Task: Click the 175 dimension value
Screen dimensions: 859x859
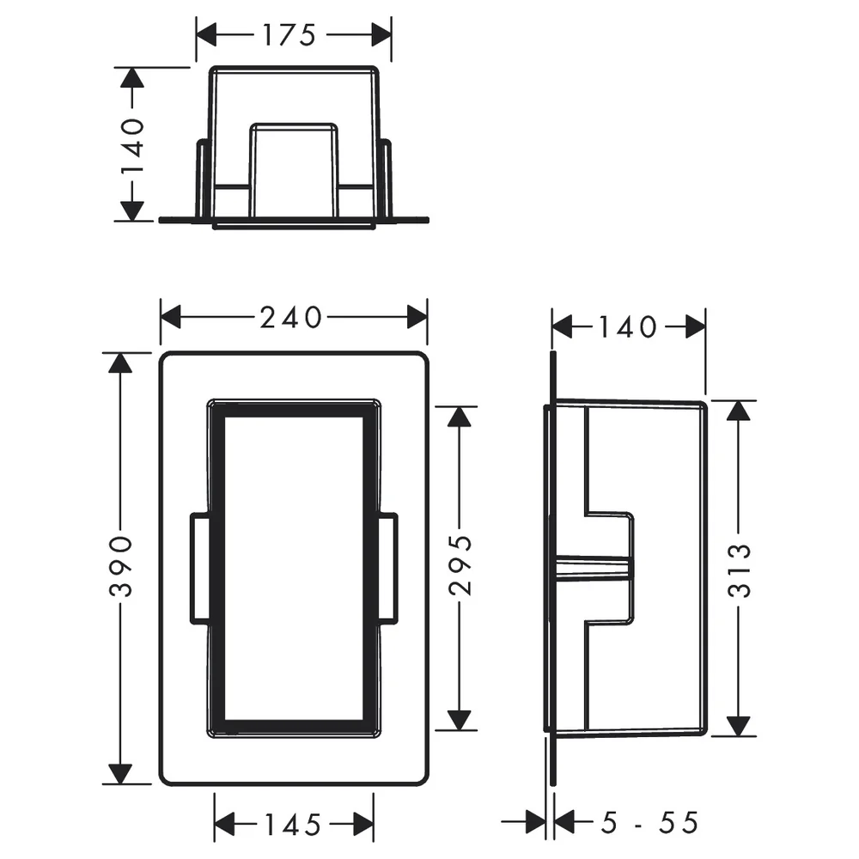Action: pyautogui.click(x=289, y=35)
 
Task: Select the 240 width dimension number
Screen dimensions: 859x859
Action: pyautogui.click(x=290, y=318)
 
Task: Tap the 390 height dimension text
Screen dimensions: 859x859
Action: pyautogui.click(x=120, y=566)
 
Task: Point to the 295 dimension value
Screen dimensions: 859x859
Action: pyautogui.click(x=460, y=565)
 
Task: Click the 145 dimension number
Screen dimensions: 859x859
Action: pyautogui.click(x=293, y=825)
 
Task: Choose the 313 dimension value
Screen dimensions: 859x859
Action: pyautogui.click(x=739, y=570)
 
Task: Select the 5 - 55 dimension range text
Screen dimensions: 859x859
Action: pyautogui.click(x=649, y=822)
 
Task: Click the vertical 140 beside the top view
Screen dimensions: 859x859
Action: pyautogui.click(x=132, y=145)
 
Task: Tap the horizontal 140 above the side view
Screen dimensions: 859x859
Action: pyautogui.click(x=628, y=327)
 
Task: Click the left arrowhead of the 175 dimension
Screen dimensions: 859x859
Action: pyautogui.click(x=206, y=35)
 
